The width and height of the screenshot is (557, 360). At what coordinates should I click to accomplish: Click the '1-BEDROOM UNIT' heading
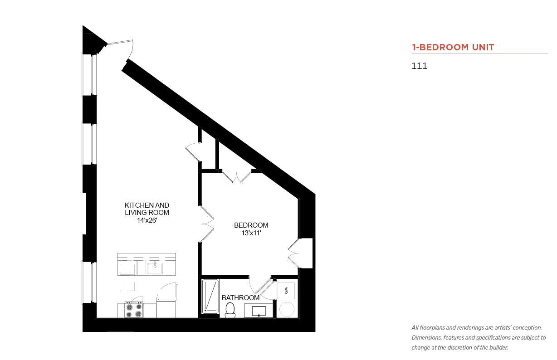coord(453,47)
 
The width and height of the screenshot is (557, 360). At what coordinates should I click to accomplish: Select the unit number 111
coord(419,66)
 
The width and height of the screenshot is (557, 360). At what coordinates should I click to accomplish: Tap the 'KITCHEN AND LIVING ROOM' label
coord(147,209)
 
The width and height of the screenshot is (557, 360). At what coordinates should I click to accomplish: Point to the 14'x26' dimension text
coord(147,220)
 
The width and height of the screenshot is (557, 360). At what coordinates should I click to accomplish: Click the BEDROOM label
coord(251,225)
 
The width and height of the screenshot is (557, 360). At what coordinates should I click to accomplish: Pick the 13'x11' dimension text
coord(251,233)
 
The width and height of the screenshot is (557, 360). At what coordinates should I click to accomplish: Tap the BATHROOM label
coord(240,297)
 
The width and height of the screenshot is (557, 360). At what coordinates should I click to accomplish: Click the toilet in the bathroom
coord(230,310)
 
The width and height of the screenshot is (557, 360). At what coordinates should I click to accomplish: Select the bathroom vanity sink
coord(259,311)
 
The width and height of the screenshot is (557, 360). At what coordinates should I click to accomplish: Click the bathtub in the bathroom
coord(210,297)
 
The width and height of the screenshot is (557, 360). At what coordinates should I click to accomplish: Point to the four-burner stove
coord(134,310)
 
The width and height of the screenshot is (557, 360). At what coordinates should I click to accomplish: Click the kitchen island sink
coord(155,268)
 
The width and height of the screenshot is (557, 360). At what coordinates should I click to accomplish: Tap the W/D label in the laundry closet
coord(286,291)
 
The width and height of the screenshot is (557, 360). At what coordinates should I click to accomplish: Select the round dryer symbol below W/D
coord(287,309)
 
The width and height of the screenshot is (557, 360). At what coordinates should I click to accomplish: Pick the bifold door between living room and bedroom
coord(207,224)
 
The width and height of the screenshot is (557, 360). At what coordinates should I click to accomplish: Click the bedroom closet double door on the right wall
coord(293,253)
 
